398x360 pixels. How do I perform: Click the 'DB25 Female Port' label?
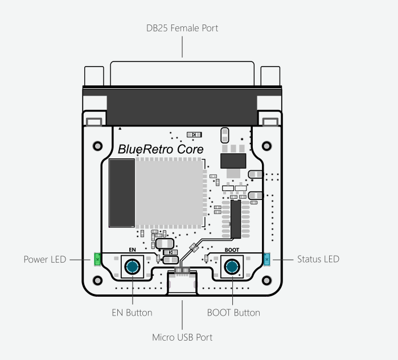click(182, 28)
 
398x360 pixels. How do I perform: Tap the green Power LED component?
click(97, 259)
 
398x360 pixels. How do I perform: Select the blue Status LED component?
click(267, 259)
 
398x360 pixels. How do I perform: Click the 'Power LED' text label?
click(45, 259)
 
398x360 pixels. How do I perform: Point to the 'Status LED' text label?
click(318, 259)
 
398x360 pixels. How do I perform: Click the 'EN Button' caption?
click(132, 313)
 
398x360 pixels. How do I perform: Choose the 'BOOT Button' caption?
click(233, 313)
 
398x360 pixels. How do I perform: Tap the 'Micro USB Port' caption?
click(182, 337)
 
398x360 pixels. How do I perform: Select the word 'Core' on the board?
click(190, 149)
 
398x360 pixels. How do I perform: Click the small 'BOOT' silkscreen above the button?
click(232, 250)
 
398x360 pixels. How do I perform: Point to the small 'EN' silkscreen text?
click(132, 250)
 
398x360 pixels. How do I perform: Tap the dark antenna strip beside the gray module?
click(122, 193)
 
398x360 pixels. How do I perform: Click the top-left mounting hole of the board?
click(98, 146)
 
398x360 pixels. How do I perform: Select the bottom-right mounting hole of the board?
click(266, 280)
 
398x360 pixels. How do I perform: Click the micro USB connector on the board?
click(182, 281)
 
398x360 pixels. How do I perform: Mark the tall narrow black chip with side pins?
click(236, 219)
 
